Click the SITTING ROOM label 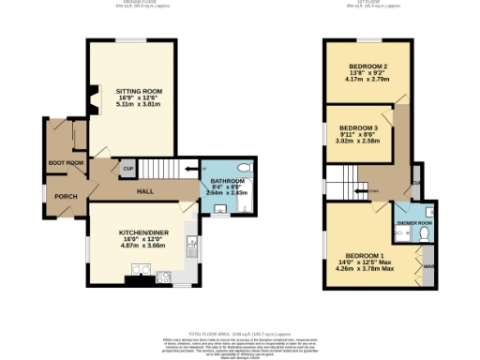(139, 91)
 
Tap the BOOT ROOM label (66, 163)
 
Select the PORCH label (66, 196)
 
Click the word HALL (145, 191)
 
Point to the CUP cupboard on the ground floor (127, 170)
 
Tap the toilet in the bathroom (245, 169)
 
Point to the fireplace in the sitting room (92, 99)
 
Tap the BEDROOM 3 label (358, 127)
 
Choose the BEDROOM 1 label (364, 256)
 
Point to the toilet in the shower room (425, 233)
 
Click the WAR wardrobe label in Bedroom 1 (429, 265)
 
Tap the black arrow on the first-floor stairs (359, 193)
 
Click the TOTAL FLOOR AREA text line (240, 332)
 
